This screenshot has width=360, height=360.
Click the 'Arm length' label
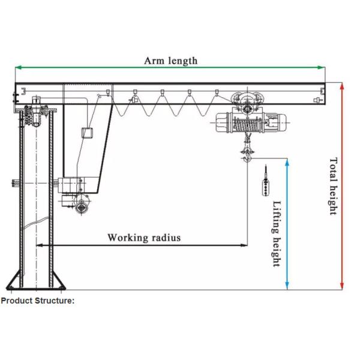171,61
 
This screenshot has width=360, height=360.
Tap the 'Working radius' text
144,238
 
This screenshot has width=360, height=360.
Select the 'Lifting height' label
277,234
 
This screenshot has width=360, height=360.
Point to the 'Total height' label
333,186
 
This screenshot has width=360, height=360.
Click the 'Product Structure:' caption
38,301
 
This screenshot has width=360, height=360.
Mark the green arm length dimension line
170,67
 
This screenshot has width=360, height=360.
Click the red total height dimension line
342,186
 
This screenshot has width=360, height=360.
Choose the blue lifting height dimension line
287,224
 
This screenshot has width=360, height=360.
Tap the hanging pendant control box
266,187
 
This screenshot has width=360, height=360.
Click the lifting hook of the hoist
247,158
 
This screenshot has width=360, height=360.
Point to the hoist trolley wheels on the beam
247,99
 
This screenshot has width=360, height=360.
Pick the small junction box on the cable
88,133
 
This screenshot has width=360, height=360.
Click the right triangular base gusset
59,280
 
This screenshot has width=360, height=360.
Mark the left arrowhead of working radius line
40,245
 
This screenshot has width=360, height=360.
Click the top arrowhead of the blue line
287,162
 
